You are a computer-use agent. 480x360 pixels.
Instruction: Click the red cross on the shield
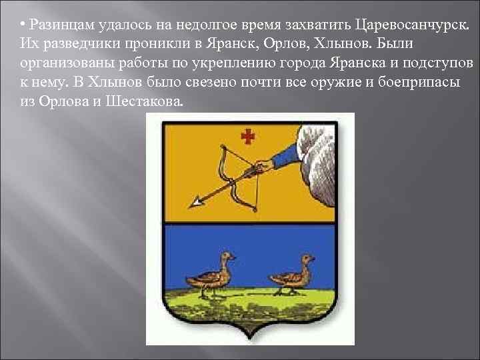(x=248, y=137)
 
